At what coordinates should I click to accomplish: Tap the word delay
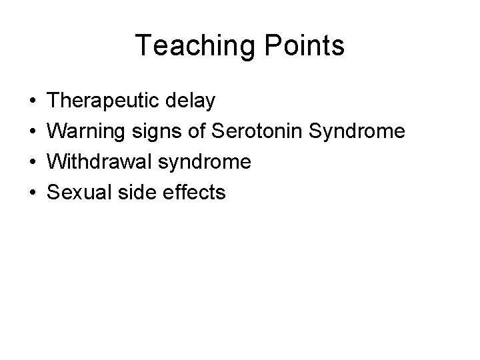coord(193,101)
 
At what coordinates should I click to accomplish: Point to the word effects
coord(193,193)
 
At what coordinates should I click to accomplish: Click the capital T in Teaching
coord(143,46)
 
